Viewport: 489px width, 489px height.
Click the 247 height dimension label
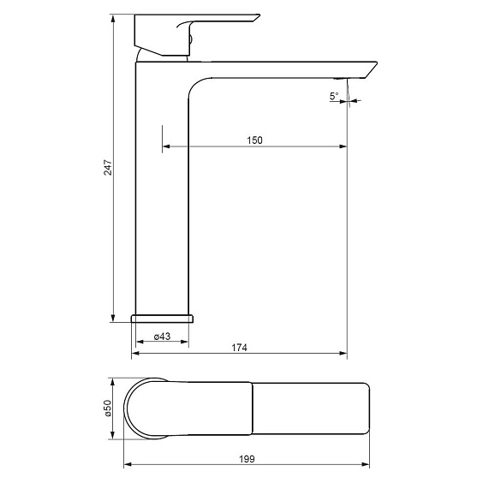tap(108, 168)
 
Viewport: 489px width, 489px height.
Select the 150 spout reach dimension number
tap(255, 140)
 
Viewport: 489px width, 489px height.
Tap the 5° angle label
tap(334, 96)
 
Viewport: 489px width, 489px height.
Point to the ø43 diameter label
tap(162, 337)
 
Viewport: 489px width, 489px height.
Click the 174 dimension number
tap(239, 348)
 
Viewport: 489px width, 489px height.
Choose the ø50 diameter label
tap(108, 408)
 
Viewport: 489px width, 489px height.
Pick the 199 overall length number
tap(247, 459)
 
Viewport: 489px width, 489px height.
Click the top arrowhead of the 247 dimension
tap(113, 18)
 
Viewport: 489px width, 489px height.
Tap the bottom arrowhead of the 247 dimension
tap(113, 318)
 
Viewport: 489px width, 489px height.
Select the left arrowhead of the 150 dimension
tap(166, 146)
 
